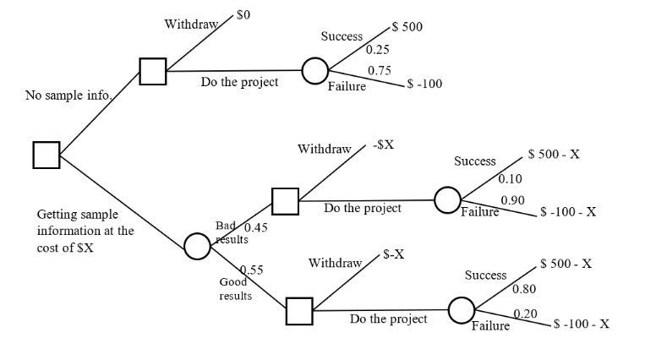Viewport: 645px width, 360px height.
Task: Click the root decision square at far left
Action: coord(46,155)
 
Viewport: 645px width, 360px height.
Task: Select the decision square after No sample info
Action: coord(152,71)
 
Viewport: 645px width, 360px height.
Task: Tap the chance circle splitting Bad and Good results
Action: coord(197,246)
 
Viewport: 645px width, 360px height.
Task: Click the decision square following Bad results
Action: coord(285,201)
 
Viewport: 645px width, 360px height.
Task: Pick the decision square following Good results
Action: coord(298,310)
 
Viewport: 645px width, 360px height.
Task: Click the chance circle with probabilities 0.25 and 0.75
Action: coord(315,70)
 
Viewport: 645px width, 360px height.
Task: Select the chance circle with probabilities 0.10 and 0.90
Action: coord(447,200)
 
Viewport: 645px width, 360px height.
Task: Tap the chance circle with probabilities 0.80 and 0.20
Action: coord(461,310)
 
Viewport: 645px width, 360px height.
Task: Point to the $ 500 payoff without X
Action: coord(407,27)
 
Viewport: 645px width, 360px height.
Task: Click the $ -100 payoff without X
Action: coord(424,84)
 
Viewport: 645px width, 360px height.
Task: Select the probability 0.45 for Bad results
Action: coord(255,227)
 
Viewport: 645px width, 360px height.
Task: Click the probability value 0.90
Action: coord(513,199)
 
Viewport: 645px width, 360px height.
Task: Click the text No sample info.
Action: coord(68,95)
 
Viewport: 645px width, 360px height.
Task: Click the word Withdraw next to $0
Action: coord(190,24)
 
